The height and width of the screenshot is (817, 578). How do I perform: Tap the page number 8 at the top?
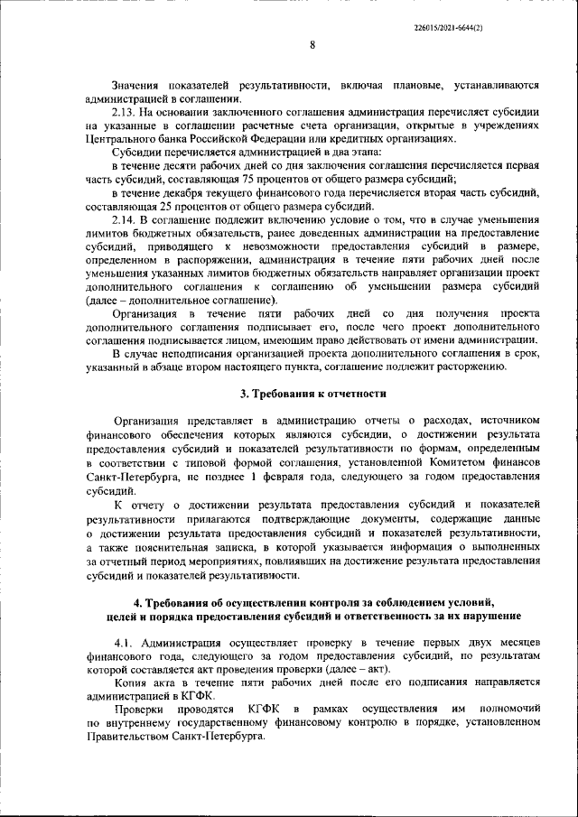tap(312, 44)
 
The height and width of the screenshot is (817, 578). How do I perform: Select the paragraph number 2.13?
tap(125, 112)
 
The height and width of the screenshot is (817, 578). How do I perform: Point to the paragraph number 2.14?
tap(125, 221)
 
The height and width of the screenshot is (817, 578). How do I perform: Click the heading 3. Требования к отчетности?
tap(312, 394)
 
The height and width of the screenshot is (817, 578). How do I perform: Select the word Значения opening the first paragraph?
tap(135, 86)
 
